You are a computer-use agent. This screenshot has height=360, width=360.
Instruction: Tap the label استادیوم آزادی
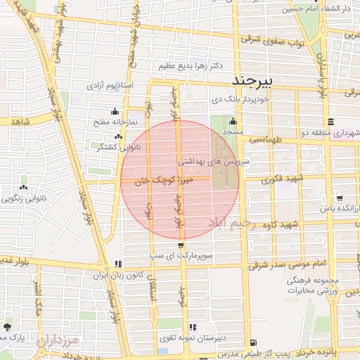110,85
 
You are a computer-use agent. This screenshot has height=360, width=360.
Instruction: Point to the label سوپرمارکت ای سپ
205,257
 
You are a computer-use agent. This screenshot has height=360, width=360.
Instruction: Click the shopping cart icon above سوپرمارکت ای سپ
182,246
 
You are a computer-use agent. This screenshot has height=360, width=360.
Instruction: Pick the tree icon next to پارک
7,328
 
